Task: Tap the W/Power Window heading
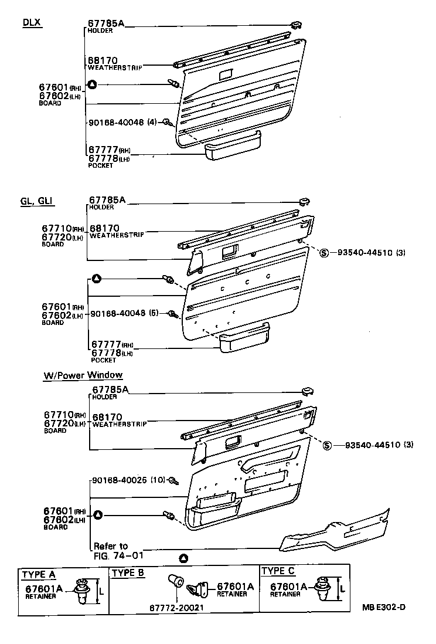click(x=83, y=375)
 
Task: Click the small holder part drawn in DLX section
click(x=295, y=24)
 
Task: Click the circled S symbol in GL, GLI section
click(x=323, y=253)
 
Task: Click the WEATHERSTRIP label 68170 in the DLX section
click(x=103, y=60)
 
